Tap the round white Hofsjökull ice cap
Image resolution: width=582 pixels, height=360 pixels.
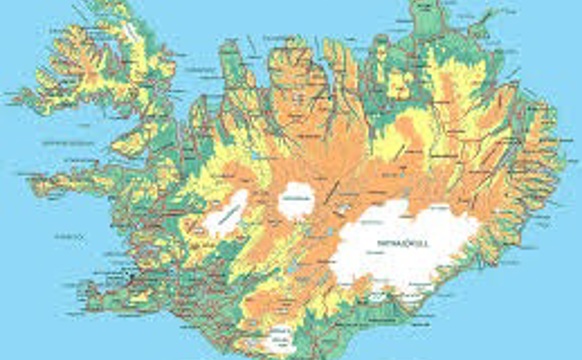click(295, 201)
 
